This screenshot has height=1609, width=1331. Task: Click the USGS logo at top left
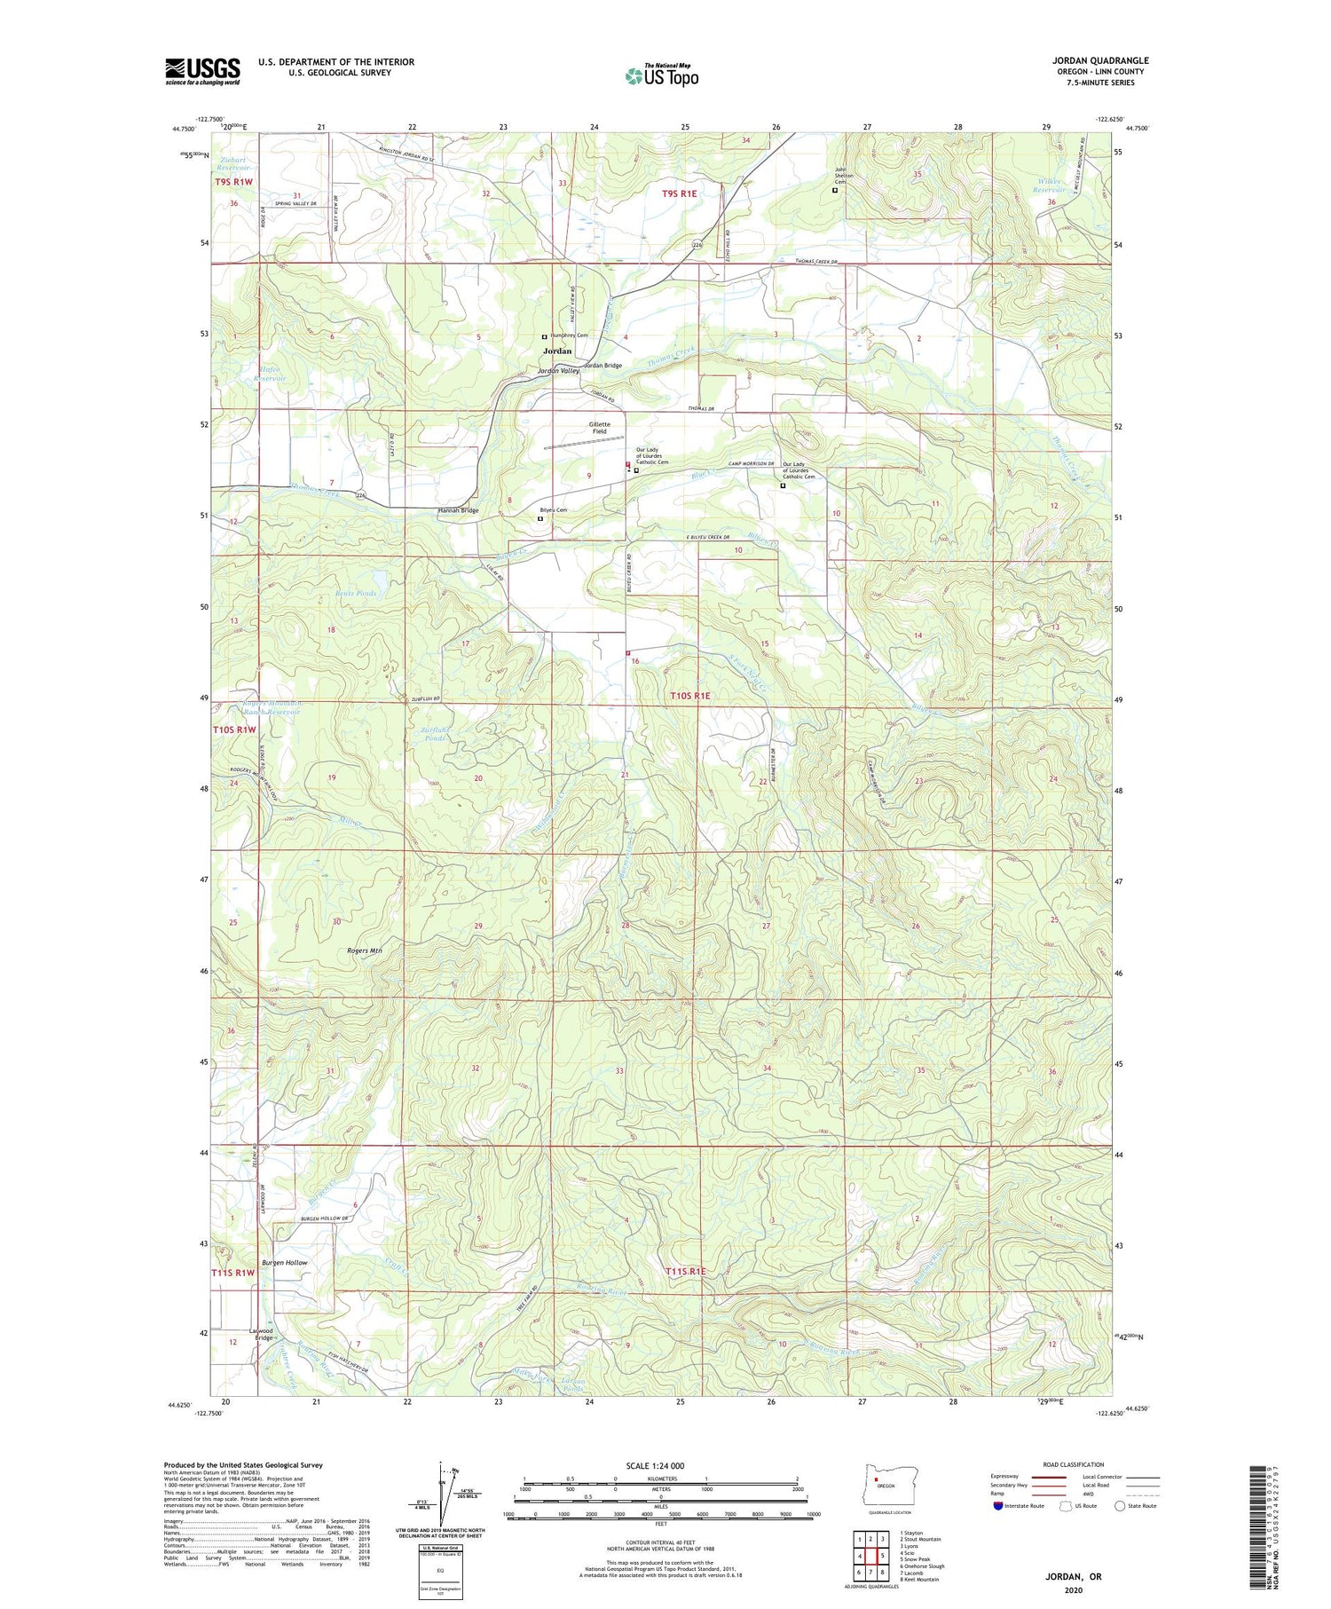point(202,71)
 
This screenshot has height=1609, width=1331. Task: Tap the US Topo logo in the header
point(662,75)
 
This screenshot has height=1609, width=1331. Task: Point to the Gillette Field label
point(600,428)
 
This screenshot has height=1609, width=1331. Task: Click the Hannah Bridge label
point(458,510)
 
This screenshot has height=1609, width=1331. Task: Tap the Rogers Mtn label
point(364,950)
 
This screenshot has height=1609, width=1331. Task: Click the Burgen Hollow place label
point(284,1262)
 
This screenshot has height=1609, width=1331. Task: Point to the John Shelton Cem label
point(843,175)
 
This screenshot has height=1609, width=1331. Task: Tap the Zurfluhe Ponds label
point(435,734)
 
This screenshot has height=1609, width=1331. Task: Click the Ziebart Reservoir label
point(234,164)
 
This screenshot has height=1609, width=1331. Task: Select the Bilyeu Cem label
point(554,510)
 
